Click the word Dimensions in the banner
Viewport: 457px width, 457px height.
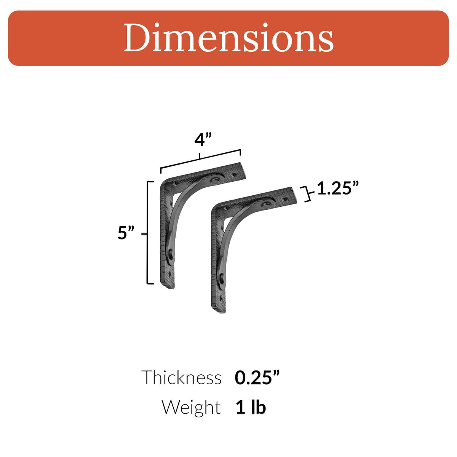(228, 38)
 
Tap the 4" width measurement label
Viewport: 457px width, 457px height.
(203, 140)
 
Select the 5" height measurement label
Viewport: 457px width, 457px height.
(126, 233)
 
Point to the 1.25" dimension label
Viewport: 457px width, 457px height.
(338, 189)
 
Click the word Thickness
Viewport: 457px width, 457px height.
(181, 378)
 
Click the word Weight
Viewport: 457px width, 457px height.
(191, 407)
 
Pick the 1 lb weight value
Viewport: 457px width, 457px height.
(250, 407)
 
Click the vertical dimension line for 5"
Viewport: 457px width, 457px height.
(148, 233)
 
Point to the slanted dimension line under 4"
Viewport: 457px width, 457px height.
(200, 159)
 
